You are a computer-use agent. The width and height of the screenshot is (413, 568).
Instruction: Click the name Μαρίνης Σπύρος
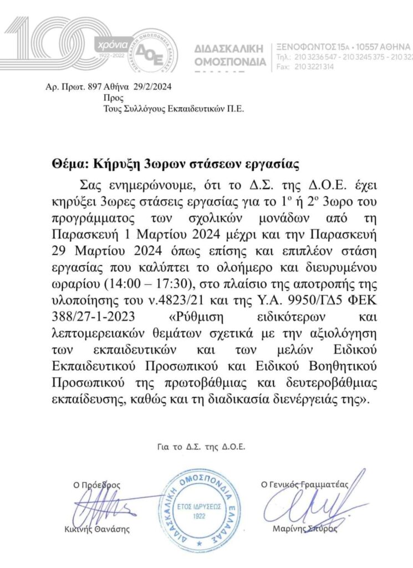(305, 529)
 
